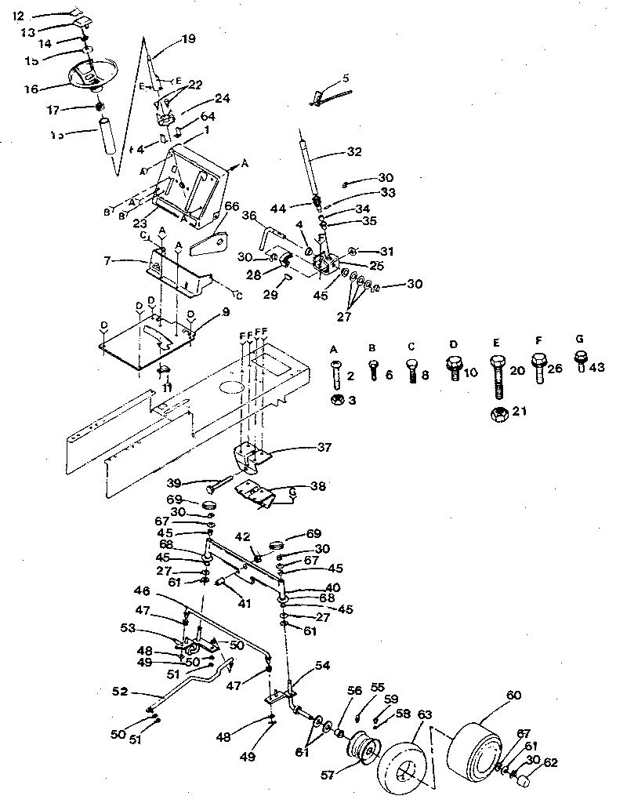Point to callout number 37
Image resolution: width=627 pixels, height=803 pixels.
323,448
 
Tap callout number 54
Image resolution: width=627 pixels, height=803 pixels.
322,665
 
